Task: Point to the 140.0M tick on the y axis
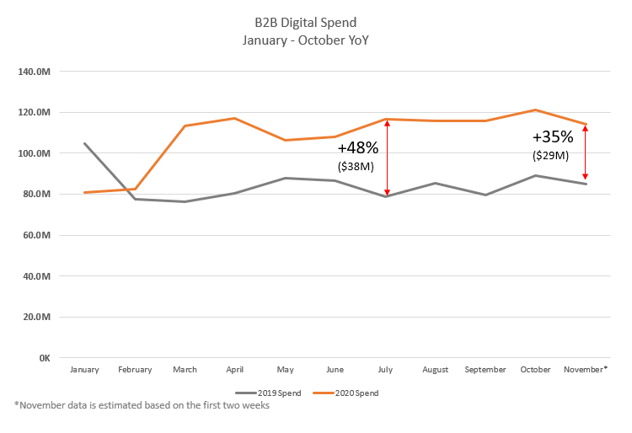pyautogui.click(x=35, y=72)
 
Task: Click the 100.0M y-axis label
pyautogui.click(x=35, y=153)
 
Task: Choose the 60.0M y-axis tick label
pyautogui.click(x=36, y=235)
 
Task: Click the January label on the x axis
pyautogui.click(x=84, y=370)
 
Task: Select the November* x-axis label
pyautogui.click(x=586, y=370)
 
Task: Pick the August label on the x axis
pyautogui.click(x=435, y=370)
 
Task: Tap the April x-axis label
pyautogui.click(x=234, y=370)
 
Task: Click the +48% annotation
pyautogui.click(x=358, y=147)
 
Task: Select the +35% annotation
pyautogui.click(x=553, y=137)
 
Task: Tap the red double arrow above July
pyautogui.click(x=387, y=158)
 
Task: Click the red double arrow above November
pyautogui.click(x=585, y=152)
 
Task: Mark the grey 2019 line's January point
pyautogui.click(x=85, y=143)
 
